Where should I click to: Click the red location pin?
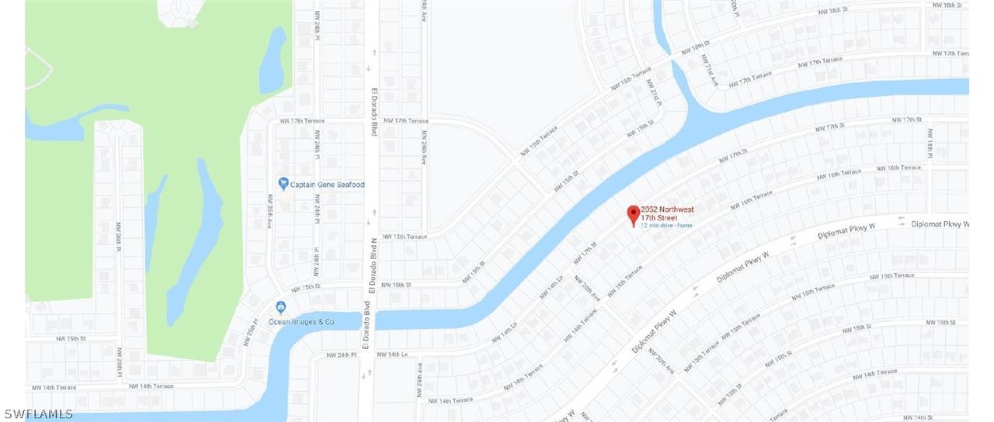[633, 215]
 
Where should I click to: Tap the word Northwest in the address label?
[676, 209]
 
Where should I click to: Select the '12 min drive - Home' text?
[666, 226]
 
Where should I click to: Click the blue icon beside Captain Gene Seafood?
[283, 184]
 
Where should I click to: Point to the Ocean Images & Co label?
[301, 322]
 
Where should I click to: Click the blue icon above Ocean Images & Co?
[281, 307]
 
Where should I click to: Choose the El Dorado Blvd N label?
[374, 265]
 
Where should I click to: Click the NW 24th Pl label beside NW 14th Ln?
[342, 355]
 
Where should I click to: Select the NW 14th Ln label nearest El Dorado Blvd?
[392, 355]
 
